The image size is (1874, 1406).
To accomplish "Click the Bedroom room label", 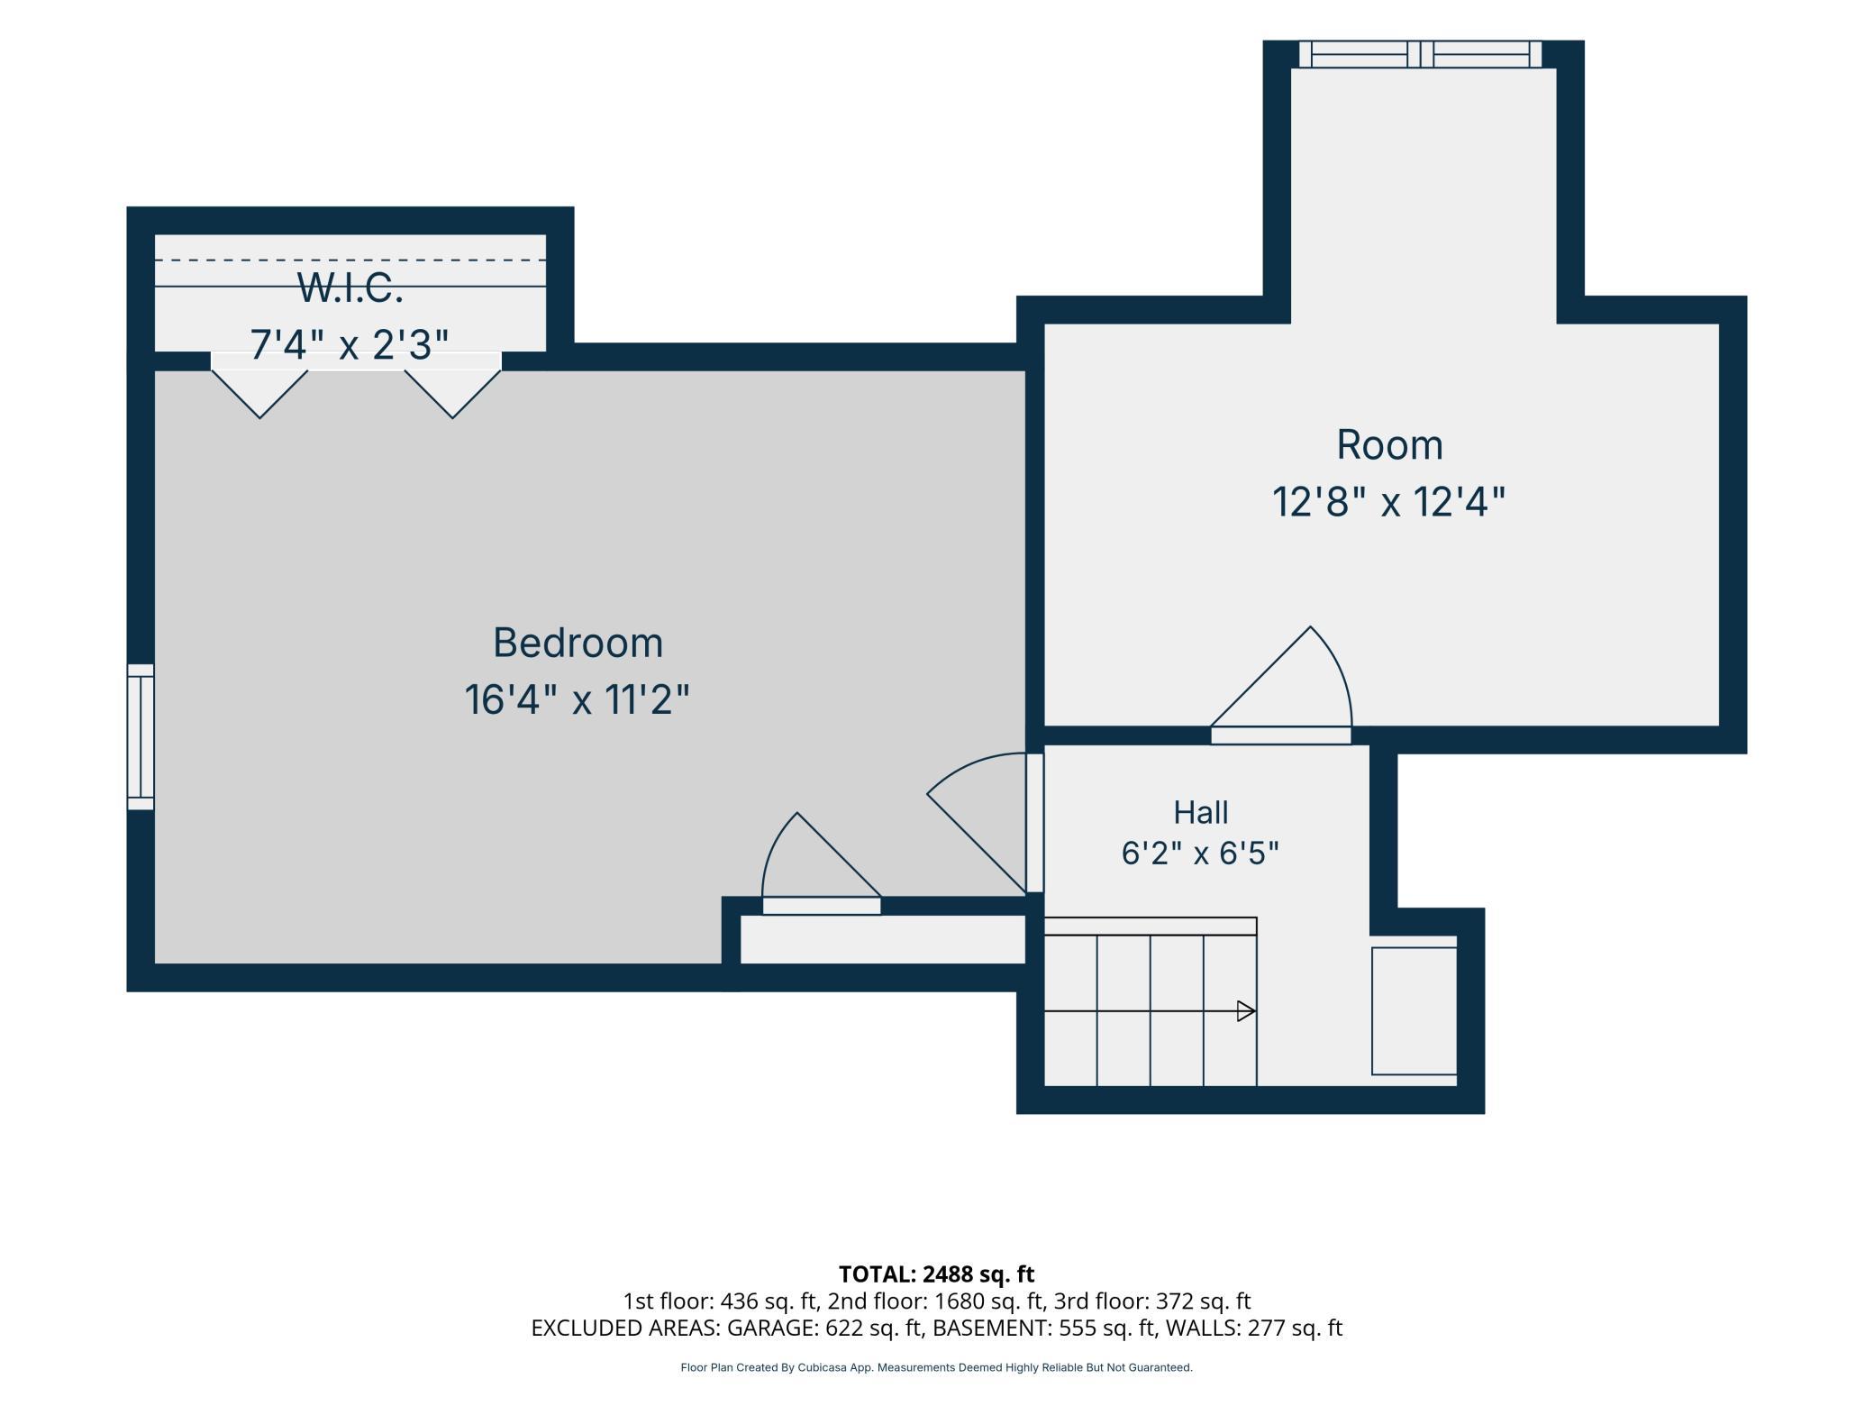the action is pos(578,644).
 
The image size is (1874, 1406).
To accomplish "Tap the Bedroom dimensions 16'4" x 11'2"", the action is pos(578,700).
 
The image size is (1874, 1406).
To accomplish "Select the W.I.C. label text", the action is pos(350,288).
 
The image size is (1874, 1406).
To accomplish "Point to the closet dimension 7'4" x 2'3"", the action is pos(350,344).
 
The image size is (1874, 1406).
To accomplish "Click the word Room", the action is pos(1389,445).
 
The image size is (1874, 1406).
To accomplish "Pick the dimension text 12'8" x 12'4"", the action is pos(1389,502).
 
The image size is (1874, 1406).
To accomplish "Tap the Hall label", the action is pos(1200,813).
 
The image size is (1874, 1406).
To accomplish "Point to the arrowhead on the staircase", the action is pos(1246,1011).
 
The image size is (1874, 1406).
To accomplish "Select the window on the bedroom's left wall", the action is pos(141,737).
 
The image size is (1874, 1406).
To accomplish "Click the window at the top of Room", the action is pos(1420,54).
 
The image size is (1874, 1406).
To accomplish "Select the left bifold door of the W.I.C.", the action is pos(259,385).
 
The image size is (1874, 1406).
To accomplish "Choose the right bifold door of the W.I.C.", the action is pos(452,385).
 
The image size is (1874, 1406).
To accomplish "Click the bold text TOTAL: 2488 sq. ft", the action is pos(936,1274).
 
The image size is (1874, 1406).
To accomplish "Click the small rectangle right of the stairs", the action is pos(1415,1011).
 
